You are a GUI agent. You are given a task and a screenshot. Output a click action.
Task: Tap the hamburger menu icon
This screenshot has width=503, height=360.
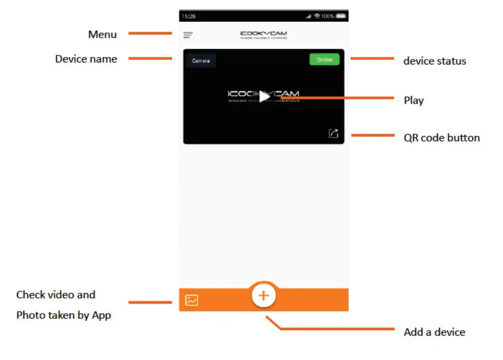coord(188,36)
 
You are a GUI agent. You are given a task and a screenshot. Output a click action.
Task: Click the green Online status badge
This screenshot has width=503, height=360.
coord(324,60)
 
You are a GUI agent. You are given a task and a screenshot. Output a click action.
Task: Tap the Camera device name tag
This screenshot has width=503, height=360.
coord(200,61)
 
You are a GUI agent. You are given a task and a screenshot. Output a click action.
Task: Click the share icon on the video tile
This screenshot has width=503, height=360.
coord(333,134)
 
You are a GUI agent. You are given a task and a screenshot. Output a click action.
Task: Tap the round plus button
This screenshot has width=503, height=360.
coord(263,296)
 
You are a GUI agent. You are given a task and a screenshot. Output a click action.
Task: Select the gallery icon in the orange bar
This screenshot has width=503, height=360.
coord(191,300)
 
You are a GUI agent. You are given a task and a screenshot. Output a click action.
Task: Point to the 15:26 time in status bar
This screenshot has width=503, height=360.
coord(189,17)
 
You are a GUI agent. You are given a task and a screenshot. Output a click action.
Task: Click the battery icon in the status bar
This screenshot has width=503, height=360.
coord(341,17)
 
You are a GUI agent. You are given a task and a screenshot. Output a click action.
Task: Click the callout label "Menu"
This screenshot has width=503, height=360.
coord(103,35)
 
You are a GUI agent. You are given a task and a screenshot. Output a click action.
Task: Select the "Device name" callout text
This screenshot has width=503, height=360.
coord(86,59)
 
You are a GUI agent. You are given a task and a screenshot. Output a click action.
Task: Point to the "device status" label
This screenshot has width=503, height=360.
coord(434,61)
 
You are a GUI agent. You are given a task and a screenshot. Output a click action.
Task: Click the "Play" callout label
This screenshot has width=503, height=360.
coord(414,100)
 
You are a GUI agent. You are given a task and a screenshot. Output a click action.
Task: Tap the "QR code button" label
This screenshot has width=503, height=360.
coord(442,138)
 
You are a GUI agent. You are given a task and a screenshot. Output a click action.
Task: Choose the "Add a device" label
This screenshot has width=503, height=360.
coord(434,332)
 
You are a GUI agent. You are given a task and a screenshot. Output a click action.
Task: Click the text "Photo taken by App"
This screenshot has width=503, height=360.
coord(63,315)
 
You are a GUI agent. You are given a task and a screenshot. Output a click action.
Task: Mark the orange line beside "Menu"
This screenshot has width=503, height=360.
coord(150,34)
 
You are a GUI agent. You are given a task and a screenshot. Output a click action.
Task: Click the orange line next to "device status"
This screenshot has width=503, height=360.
coord(372,59)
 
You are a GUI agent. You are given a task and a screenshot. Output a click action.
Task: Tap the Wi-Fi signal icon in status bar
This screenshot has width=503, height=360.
coord(317,17)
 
